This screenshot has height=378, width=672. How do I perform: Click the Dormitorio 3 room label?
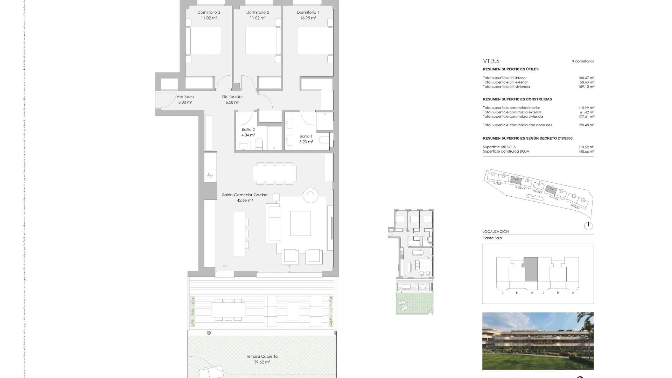point(209,12)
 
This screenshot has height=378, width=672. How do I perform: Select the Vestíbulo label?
point(185,97)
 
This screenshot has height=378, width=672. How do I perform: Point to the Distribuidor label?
point(232,97)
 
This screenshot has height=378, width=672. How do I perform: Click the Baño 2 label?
point(248,129)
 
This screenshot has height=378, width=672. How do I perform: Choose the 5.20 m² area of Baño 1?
point(306,142)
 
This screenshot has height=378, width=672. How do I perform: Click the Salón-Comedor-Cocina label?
point(245,195)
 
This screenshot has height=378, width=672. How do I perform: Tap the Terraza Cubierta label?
point(261,356)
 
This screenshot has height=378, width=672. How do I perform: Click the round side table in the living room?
point(310,195)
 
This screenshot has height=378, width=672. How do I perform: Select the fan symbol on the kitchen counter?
point(210,176)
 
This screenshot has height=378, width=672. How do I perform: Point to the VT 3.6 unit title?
point(491,61)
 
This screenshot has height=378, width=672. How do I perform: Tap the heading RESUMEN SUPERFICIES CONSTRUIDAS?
point(517,99)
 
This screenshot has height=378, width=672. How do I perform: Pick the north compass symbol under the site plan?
point(588,226)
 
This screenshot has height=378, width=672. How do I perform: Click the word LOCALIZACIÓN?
point(495,232)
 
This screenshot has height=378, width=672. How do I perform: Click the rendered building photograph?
point(538,341)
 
